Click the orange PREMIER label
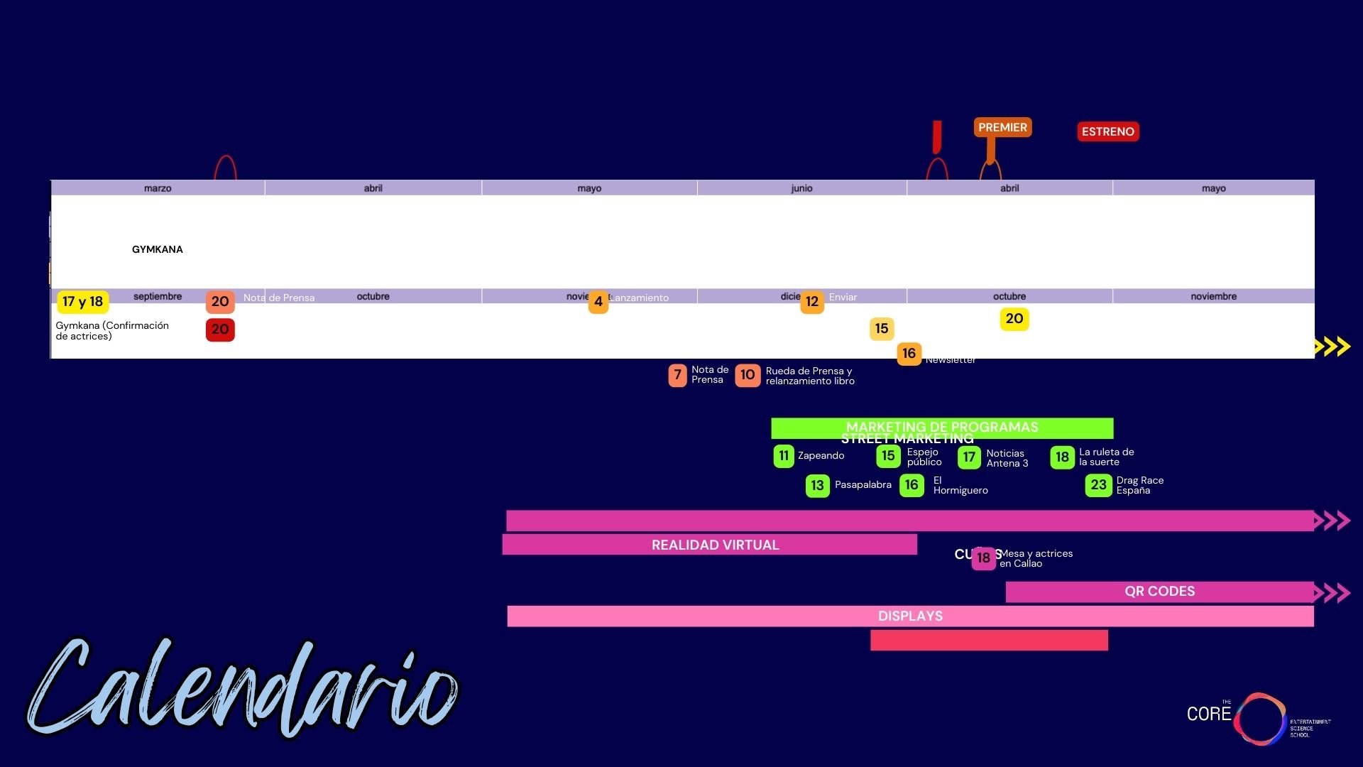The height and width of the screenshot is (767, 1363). pyautogui.click(x=1002, y=128)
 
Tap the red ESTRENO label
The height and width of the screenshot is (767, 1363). pyautogui.click(x=1107, y=131)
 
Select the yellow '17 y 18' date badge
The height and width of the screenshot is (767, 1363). pyautogui.click(x=82, y=302)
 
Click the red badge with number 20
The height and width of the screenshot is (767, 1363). pyautogui.click(x=220, y=330)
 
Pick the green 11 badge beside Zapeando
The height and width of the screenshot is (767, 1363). pyautogui.click(x=783, y=456)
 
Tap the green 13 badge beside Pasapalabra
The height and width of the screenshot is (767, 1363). pyautogui.click(x=817, y=486)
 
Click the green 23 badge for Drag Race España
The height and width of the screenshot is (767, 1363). pyautogui.click(x=1098, y=485)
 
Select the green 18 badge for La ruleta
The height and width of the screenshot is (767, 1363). pyautogui.click(x=1062, y=457)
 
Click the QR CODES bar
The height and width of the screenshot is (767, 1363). pyautogui.click(x=1159, y=592)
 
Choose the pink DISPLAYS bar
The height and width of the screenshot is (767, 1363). pyautogui.click(x=910, y=616)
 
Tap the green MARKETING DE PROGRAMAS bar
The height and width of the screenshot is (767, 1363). pyautogui.click(x=942, y=428)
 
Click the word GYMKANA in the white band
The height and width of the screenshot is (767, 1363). pyautogui.click(x=158, y=249)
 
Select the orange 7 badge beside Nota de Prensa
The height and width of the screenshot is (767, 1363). pyautogui.click(x=677, y=375)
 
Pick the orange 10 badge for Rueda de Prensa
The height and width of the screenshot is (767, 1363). pyautogui.click(x=748, y=375)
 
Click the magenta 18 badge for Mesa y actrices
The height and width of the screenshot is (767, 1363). pyautogui.click(x=983, y=558)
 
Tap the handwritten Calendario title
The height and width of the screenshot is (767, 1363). pyautogui.click(x=241, y=689)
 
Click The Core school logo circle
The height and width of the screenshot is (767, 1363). pyautogui.click(x=1259, y=719)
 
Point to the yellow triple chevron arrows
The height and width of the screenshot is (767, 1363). pyautogui.click(x=1332, y=347)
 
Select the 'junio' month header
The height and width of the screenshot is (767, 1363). pyautogui.click(x=801, y=188)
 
